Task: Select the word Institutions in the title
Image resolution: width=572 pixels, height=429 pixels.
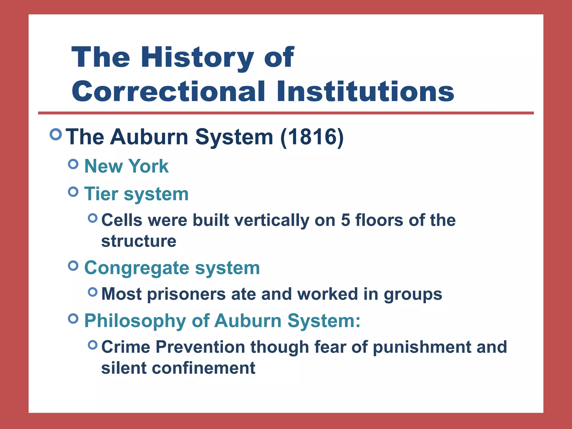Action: pyautogui.click(x=366, y=92)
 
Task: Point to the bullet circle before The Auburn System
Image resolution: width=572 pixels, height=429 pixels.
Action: pyautogui.click(x=56, y=134)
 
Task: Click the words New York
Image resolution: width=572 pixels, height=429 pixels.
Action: pyautogui.click(x=126, y=166)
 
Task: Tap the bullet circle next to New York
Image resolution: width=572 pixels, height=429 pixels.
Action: pyautogui.click(x=73, y=164)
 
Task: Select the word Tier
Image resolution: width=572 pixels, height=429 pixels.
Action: pyautogui.click(x=101, y=194)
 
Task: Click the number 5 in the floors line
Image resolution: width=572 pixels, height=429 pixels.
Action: pyautogui.click(x=345, y=220)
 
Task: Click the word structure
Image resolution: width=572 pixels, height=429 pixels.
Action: pyautogui.click(x=139, y=241)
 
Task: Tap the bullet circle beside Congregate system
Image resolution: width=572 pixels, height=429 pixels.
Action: pyautogui.click(x=73, y=266)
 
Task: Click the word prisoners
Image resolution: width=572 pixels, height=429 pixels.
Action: pyautogui.click(x=186, y=294)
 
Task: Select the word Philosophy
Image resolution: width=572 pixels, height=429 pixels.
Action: pyautogui.click(x=135, y=321)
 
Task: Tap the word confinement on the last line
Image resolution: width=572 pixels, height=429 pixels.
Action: pyautogui.click(x=203, y=368)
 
